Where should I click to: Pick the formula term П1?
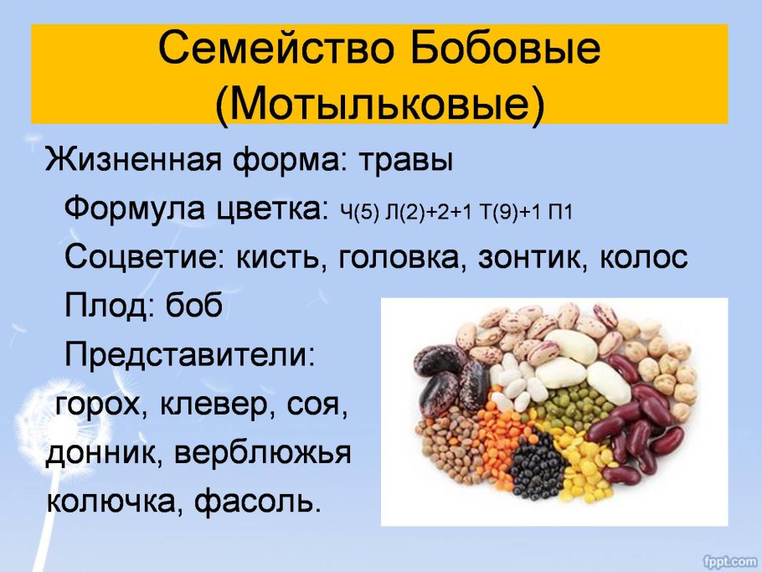[558, 210]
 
